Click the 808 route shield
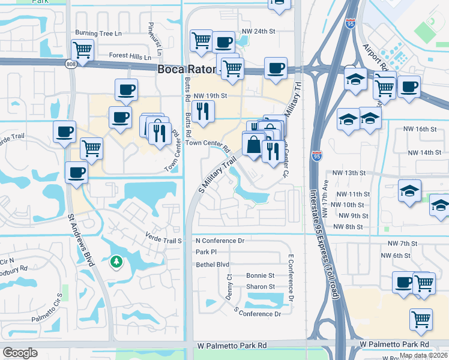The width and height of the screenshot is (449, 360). [x=71, y=64]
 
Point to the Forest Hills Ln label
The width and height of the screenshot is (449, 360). [x=130, y=56]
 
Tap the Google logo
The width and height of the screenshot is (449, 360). [x=20, y=353]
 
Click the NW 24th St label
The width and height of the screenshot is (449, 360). [x=259, y=31]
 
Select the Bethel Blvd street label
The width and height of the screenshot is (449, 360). [x=212, y=264]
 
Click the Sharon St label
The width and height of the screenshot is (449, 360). [x=260, y=287]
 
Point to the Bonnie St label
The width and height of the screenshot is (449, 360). [x=260, y=275]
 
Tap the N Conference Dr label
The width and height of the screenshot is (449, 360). [x=220, y=241]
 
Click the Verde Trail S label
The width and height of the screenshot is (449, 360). [x=163, y=241]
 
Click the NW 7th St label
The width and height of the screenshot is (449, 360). [x=402, y=244]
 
